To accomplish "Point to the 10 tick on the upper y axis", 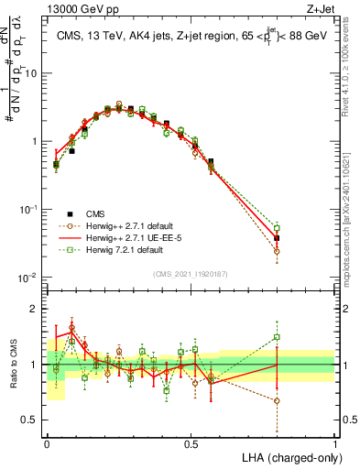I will [x=33, y=73].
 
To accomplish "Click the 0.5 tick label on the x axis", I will [x=191, y=443].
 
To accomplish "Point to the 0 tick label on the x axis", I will [x=47, y=443].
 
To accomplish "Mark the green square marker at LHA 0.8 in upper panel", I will [x=278, y=227].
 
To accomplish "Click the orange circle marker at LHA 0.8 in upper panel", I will [x=278, y=251].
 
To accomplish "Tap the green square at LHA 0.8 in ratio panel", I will [x=278, y=337].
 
